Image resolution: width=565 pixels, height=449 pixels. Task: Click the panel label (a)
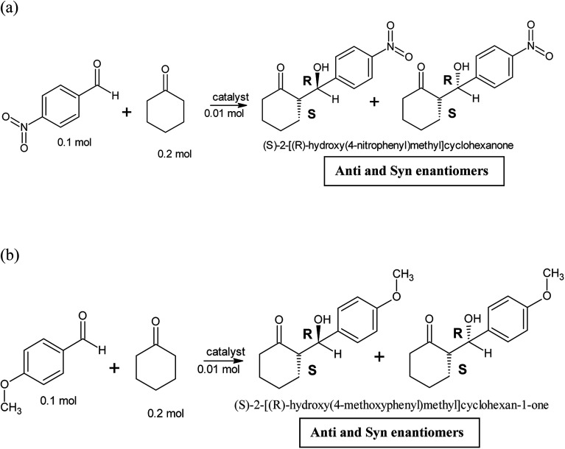(13, 10)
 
